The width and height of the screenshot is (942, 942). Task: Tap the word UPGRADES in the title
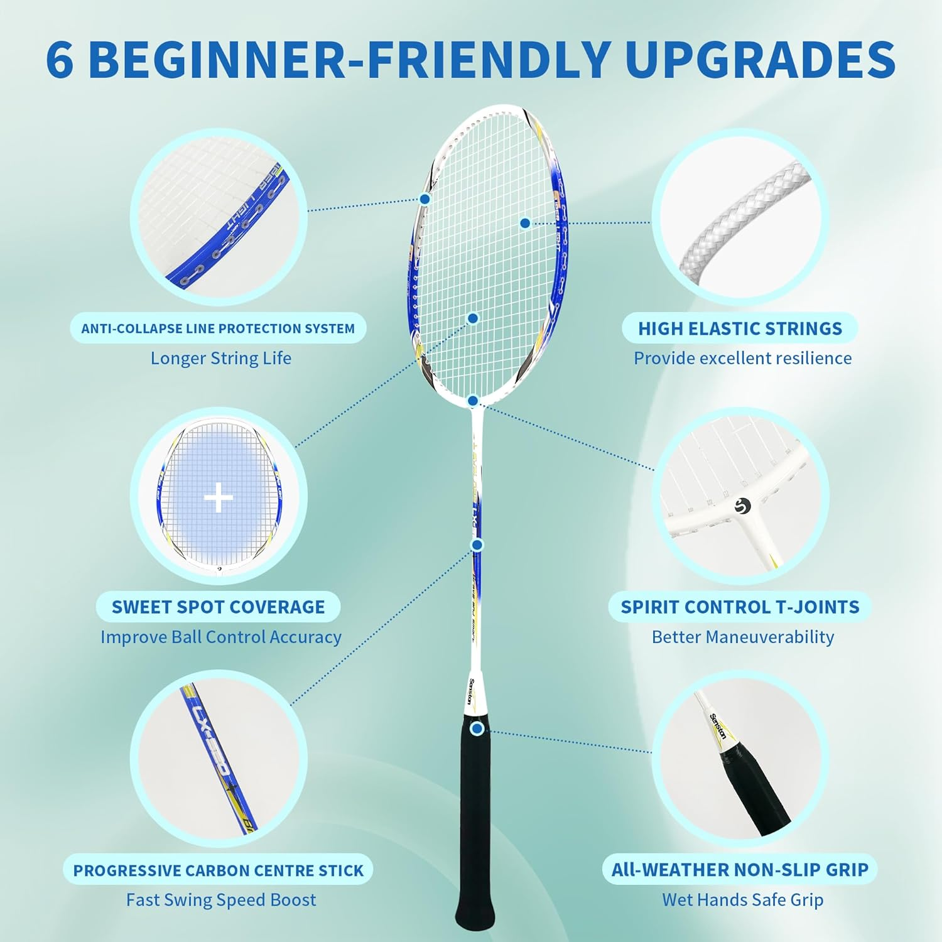[x=760, y=60]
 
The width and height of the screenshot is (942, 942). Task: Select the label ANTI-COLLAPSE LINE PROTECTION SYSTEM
[x=218, y=328]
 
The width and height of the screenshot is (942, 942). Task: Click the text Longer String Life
[x=221, y=358]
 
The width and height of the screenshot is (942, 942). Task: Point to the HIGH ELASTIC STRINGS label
[x=740, y=328]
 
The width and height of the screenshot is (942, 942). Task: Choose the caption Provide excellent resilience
[x=742, y=358]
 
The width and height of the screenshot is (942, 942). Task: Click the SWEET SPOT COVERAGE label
[x=218, y=607]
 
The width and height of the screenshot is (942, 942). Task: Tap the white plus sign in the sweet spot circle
[x=219, y=499]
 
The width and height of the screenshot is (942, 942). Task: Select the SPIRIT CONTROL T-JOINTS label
[x=740, y=607]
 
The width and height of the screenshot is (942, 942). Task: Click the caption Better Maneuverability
[x=742, y=637]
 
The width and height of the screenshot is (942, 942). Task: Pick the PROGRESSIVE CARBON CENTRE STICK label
[x=218, y=870]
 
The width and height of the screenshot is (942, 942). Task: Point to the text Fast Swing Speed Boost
[x=221, y=900]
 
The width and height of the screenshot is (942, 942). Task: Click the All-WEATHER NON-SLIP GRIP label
[x=740, y=870]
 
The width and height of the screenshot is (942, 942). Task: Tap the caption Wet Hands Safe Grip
[x=742, y=900]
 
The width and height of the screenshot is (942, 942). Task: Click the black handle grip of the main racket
[x=475, y=829]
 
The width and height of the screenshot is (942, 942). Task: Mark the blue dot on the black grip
[x=477, y=729]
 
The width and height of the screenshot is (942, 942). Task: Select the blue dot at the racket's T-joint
[x=474, y=401]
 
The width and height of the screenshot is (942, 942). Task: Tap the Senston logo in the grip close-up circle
[x=718, y=727]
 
